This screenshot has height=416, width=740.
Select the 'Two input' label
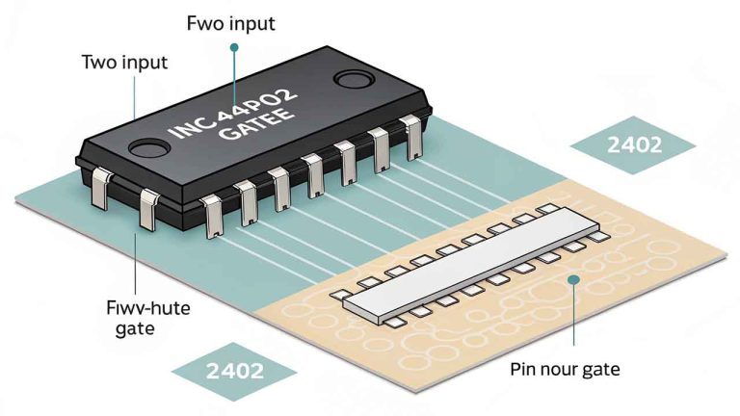(x=124, y=63)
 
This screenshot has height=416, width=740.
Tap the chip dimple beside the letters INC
(x=150, y=147)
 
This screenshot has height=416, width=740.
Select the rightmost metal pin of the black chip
(x=414, y=140)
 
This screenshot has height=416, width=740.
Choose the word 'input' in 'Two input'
(x=145, y=63)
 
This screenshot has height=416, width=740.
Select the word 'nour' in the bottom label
(x=558, y=369)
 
